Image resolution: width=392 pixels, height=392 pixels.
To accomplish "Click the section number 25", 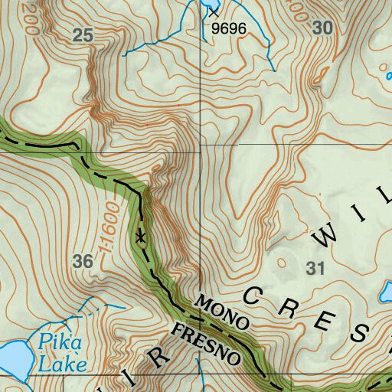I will pos(84,34).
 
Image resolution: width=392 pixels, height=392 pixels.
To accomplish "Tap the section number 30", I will pos(323,28).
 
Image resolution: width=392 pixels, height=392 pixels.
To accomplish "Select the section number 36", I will pos(83,262).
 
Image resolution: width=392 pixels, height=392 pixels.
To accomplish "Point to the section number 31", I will pos(315,268).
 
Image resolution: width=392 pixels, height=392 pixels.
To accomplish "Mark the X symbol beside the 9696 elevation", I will pos(213,13).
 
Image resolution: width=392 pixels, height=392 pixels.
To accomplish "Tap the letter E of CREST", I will pos(328,322).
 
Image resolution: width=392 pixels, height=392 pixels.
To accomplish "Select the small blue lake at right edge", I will pos(387,292).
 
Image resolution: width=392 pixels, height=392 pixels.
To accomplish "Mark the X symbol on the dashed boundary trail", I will pos(140,237).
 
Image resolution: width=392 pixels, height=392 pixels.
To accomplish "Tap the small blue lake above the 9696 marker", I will pos(208,5).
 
